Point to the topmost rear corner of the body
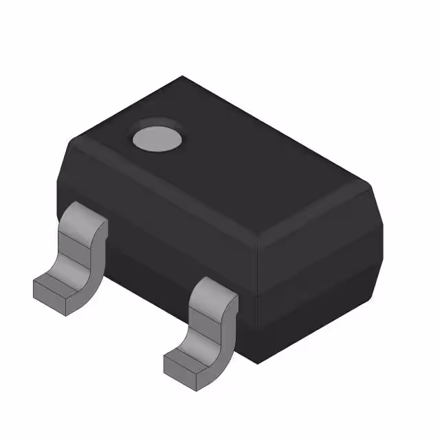(183, 76)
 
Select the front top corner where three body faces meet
(257, 241)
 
